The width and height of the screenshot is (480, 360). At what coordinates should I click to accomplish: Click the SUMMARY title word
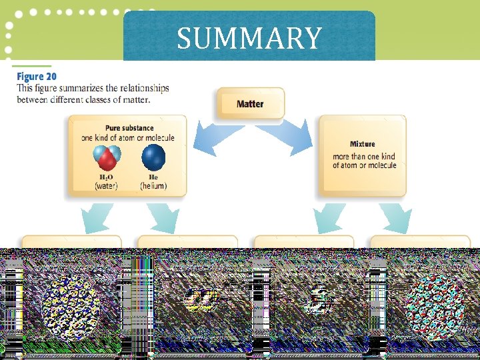tap(249, 38)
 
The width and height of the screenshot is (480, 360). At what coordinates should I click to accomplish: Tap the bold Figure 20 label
tap(37, 77)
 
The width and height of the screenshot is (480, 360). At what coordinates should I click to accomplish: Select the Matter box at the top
tap(250, 104)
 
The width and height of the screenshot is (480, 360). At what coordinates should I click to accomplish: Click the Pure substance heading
tap(129, 128)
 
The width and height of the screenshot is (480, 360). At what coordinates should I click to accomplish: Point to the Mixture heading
tap(362, 144)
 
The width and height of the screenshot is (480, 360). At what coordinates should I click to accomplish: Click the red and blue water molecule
tap(107, 159)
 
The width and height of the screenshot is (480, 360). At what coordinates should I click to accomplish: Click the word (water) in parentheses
tap(107, 186)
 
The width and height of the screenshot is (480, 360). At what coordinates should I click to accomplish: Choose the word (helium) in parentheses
tap(153, 186)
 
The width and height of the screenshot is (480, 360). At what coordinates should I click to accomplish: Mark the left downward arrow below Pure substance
tap(97, 218)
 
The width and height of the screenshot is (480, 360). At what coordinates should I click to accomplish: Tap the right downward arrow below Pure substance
tap(163, 218)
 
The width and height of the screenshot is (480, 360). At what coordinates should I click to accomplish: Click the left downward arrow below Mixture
tap(329, 218)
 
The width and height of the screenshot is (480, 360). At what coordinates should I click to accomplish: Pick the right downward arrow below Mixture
tap(396, 218)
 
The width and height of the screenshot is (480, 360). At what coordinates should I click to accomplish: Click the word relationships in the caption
tap(141, 88)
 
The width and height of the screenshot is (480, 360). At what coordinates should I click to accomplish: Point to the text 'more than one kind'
tap(364, 157)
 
